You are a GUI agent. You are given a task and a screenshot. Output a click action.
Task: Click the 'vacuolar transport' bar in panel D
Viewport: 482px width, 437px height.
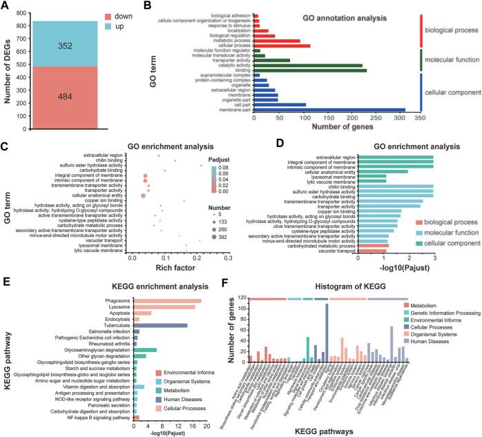[372, 251]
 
